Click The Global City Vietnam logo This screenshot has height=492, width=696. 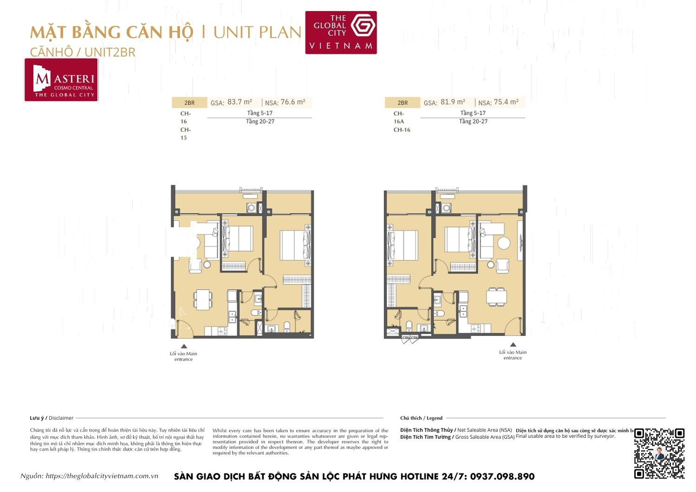[x=341, y=32]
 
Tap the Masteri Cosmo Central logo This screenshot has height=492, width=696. [x=61, y=80]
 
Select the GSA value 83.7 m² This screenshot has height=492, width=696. [x=239, y=102]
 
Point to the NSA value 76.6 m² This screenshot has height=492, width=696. [x=293, y=102]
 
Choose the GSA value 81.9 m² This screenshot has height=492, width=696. [x=453, y=102]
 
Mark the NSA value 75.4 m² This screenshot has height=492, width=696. [x=506, y=102]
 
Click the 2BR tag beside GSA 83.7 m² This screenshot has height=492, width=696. [x=189, y=103]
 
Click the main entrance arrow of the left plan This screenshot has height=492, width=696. [x=184, y=346]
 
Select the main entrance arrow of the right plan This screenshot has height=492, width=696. [x=513, y=345]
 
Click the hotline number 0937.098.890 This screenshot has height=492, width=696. [x=502, y=477]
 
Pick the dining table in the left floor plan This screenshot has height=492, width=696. [x=202, y=299]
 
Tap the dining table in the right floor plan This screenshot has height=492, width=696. [x=496, y=295]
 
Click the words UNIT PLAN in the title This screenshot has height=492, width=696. [x=257, y=32]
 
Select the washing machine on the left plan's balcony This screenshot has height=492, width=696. [x=251, y=208]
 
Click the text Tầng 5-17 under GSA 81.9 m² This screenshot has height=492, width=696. [x=473, y=113]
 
